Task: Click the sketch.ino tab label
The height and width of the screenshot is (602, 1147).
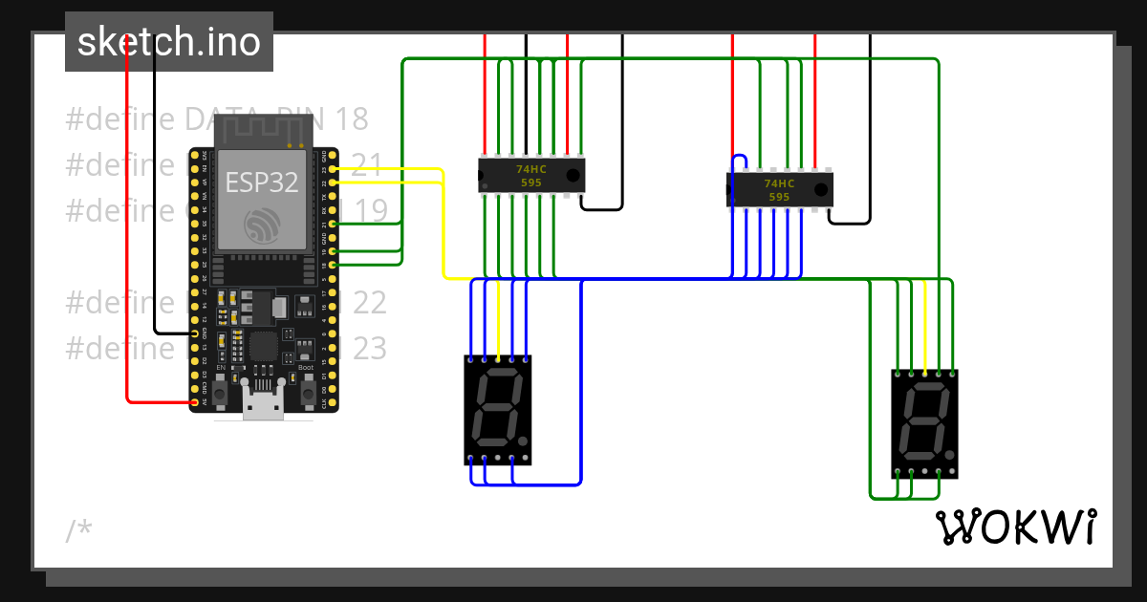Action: (168, 42)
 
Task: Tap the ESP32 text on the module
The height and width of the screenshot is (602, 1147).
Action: (262, 183)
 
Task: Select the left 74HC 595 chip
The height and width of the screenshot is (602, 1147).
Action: (531, 176)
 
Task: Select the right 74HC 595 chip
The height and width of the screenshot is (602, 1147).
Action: (780, 189)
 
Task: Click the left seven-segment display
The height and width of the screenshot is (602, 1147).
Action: (497, 410)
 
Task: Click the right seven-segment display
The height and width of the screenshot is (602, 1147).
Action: (924, 423)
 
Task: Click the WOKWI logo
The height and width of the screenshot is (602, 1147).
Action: (1015, 527)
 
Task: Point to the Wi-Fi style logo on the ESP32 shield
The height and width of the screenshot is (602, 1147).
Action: (262, 226)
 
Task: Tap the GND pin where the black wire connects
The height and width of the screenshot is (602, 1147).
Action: (195, 333)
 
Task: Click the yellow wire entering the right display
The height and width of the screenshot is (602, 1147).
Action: (925, 325)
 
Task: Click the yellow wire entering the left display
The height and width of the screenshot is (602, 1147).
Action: (498, 320)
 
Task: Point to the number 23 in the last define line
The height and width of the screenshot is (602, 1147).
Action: (370, 349)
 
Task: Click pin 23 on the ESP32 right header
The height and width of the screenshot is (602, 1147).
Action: (332, 169)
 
